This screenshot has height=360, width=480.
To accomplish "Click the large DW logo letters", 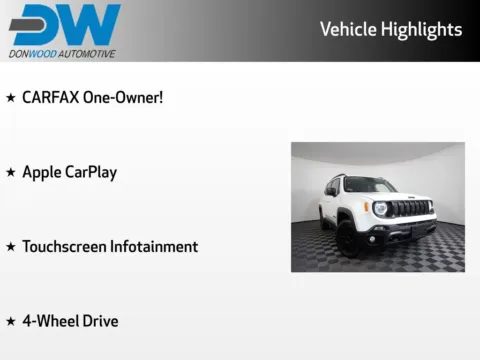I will coord(64,24).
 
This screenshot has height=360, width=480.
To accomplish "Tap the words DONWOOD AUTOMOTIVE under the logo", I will coord(62,53).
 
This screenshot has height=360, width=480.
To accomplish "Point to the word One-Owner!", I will coord(125,97).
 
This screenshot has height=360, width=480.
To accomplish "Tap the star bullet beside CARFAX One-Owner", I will coord(10,98).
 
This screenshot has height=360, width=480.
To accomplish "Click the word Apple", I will coord(42,172).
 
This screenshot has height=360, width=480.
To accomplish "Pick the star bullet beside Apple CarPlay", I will coord(10,173).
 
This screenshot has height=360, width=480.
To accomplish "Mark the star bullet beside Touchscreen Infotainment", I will coord(10,247).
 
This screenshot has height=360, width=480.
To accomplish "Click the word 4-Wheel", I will coord(50,321).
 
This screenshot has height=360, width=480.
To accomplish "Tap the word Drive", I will coord(101,321).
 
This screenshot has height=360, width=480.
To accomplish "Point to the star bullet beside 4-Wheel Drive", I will coord(10,322).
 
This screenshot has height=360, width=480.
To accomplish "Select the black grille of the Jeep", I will coord(409,209).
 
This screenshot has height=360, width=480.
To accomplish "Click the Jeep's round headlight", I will coord(381,208).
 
